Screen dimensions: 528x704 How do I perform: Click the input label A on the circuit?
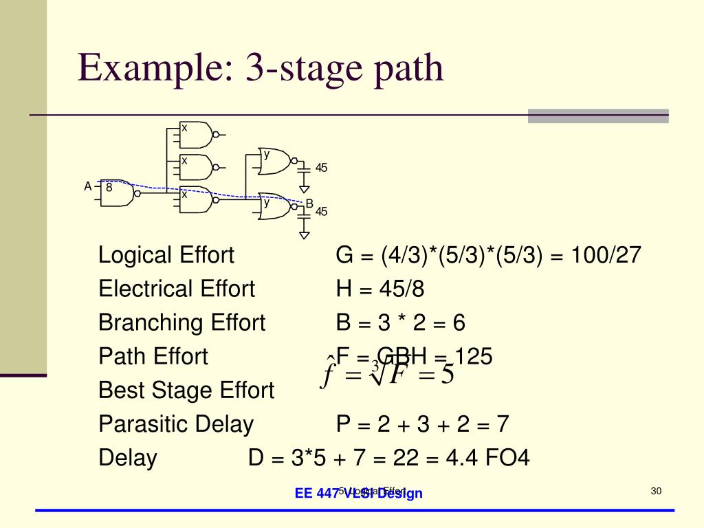[x=88, y=186]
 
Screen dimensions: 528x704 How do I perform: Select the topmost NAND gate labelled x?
[x=196, y=135]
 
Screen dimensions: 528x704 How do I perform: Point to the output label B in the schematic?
[x=309, y=203]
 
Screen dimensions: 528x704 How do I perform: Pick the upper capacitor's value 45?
[x=321, y=168]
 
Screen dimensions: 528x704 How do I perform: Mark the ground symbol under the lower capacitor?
[x=305, y=234]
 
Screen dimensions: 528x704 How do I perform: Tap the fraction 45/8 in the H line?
[x=401, y=289]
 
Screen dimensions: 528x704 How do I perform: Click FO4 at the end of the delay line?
[x=507, y=457]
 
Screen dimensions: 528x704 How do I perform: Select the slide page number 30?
[x=655, y=490]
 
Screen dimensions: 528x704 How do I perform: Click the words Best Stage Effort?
[x=186, y=390]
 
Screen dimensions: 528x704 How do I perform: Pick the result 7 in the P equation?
[x=503, y=424]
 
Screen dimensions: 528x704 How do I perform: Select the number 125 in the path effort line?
[x=474, y=356]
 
